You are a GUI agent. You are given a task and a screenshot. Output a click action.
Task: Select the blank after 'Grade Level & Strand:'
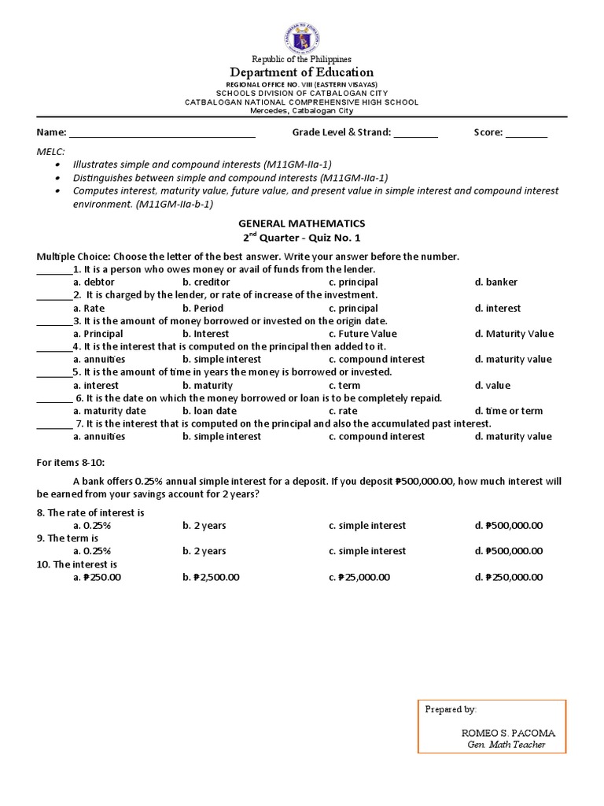(415, 133)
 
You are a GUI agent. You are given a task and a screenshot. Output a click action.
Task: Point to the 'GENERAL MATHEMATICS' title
(302, 224)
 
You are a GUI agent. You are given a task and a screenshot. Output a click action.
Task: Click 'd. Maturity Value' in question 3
(514, 334)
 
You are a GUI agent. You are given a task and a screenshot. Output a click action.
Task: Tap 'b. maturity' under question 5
(208, 386)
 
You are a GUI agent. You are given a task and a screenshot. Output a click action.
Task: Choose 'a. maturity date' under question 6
(109, 411)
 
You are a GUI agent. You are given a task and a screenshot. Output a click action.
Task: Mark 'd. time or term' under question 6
(509, 411)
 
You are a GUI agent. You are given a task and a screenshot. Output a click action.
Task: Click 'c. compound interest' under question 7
(377, 436)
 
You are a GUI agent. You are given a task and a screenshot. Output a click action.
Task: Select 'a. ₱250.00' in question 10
(97, 577)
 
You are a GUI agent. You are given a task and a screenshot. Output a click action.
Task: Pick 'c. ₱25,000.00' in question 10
(359, 577)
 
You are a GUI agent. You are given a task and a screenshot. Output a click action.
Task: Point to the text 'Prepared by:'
(451, 709)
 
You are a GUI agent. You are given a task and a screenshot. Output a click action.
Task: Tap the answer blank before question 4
(54, 347)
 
